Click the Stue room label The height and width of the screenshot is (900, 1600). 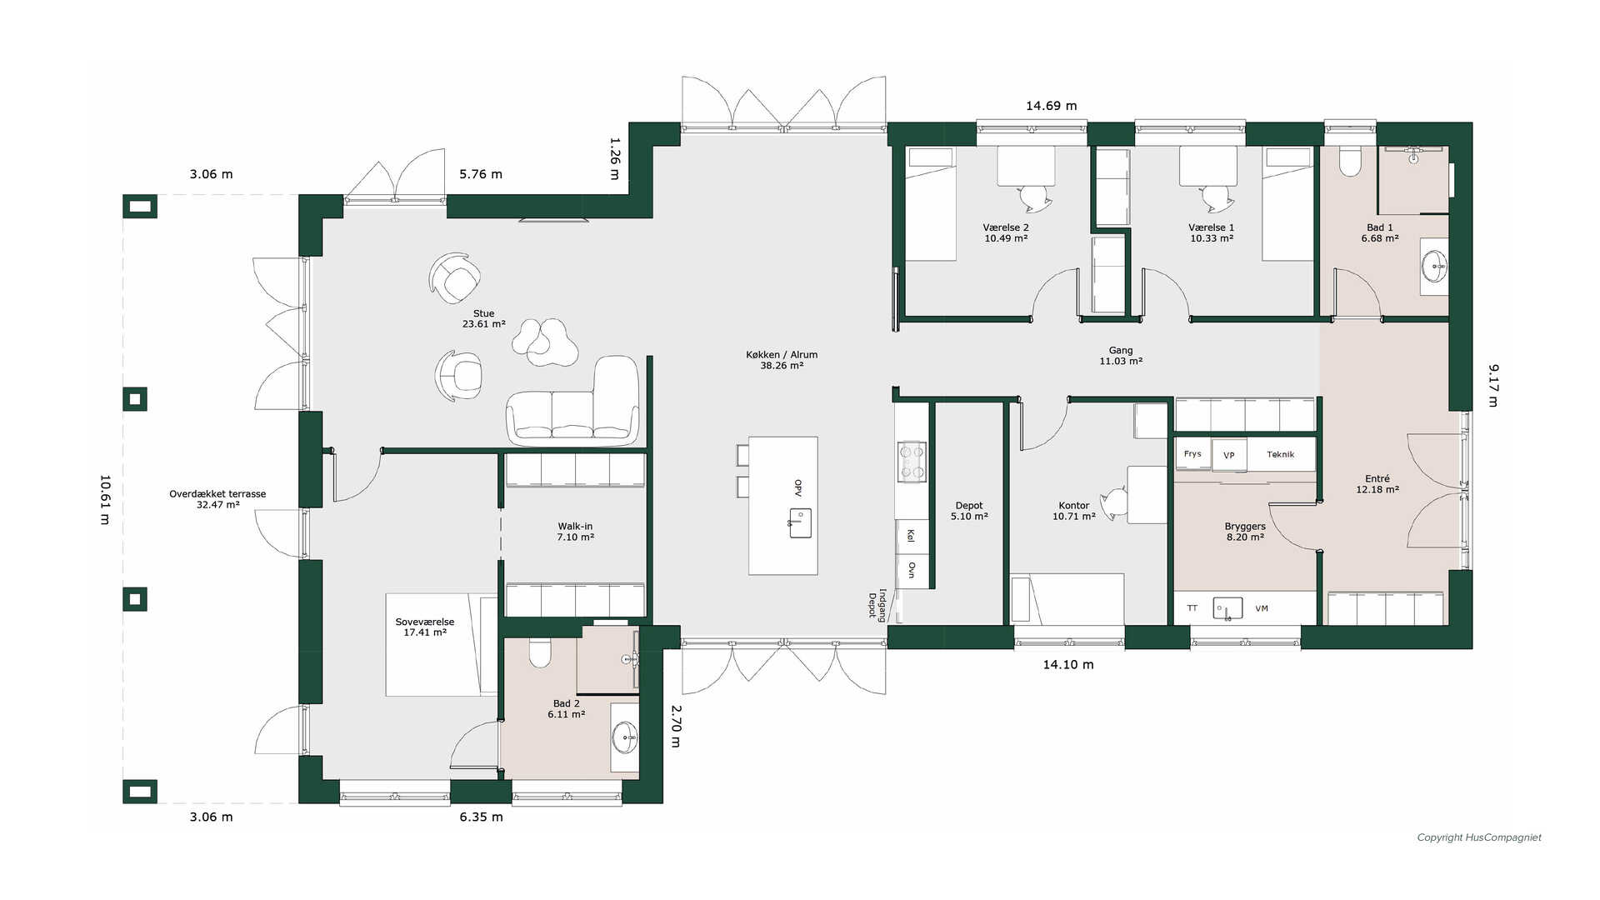(483, 319)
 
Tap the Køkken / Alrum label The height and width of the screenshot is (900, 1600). (782, 360)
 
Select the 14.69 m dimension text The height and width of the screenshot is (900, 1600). (1051, 106)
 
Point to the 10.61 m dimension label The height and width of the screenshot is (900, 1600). (105, 499)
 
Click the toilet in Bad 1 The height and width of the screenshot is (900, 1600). (1349, 161)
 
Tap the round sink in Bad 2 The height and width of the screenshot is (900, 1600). (624, 737)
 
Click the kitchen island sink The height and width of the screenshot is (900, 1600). (800, 522)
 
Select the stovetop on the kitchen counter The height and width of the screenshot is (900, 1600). (911, 461)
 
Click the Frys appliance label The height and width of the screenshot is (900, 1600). (1192, 454)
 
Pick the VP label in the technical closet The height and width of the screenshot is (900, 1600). (1228, 455)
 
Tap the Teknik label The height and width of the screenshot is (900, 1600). (1281, 454)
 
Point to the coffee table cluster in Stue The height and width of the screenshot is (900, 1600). (545, 342)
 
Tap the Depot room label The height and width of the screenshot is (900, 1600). (969, 511)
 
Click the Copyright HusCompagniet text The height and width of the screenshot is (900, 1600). (1479, 837)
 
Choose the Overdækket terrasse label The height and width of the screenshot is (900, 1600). (217, 499)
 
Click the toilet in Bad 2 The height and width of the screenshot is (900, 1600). (540, 653)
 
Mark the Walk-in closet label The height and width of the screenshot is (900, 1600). (575, 532)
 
